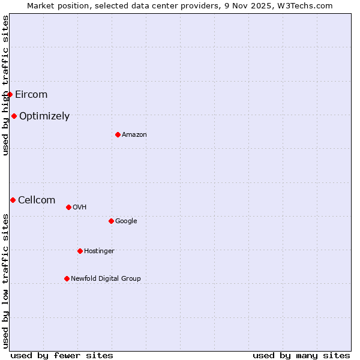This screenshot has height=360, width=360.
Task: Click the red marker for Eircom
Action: tap(10, 94)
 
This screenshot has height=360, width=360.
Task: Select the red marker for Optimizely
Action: tap(14, 116)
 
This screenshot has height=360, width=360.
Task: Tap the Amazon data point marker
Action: tap(118, 134)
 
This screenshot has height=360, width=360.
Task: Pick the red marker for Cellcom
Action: tap(13, 200)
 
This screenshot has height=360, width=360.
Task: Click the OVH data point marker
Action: tap(68, 207)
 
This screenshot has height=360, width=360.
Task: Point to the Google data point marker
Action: tap(111, 221)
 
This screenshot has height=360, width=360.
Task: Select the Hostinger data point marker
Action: tap(80, 251)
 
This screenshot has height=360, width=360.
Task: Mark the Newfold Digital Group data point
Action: tap(67, 278)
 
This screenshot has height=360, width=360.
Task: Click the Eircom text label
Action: tap(31, 94)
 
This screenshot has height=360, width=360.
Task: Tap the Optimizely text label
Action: tap(44, 116)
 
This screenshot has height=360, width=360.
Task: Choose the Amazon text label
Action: tap(134, 134)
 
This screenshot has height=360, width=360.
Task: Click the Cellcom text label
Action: tap(37, 200)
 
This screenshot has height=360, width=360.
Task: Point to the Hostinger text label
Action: tap(99, 251)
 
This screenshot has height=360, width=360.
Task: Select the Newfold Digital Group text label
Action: tap(106, 278)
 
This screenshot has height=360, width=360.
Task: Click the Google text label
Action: tap(126, 221)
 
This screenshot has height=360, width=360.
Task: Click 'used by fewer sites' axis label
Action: tap(62, 355)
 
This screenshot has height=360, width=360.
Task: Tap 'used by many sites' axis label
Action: tap(301, 355)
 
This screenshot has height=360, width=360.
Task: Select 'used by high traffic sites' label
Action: tap(5, 85)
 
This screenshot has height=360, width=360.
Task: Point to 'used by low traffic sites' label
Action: tap(5, 280)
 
